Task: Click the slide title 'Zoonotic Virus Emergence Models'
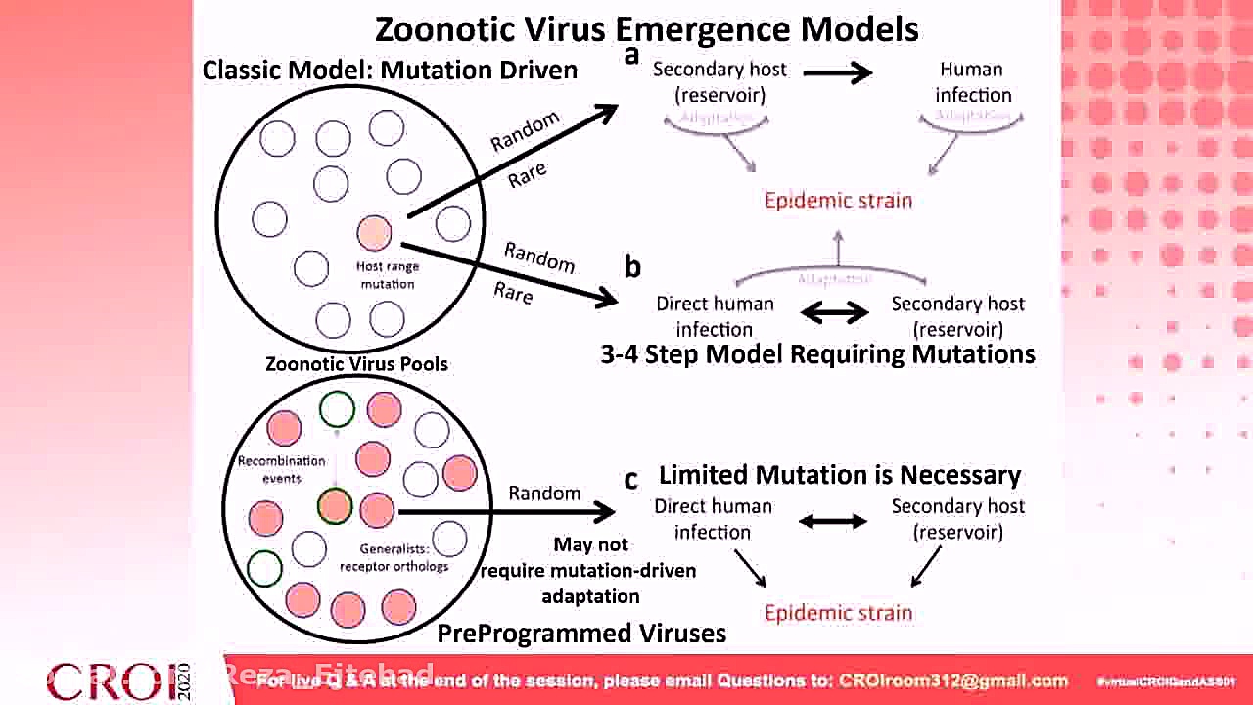[647, 28]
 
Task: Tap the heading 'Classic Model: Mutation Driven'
[390, 70]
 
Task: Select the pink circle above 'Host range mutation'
[375, 232]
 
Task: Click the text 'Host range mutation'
[388, 275]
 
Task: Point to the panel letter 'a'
[631, 55]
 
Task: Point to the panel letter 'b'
[632, 266]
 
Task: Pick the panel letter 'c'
[631, 479]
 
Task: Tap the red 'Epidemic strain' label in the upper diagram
[838, 201]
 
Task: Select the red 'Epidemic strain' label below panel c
[838, 613]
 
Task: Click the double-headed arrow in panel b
[835, 313]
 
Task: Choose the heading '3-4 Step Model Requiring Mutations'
[817, 353]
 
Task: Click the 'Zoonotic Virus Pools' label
[356, 364]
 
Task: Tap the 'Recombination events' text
[281, 469]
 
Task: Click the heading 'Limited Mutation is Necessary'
[840, 476]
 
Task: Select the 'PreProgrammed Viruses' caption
[581, 634]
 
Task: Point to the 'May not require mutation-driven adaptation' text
[589, 570]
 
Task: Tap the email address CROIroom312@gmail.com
[952, 681]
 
